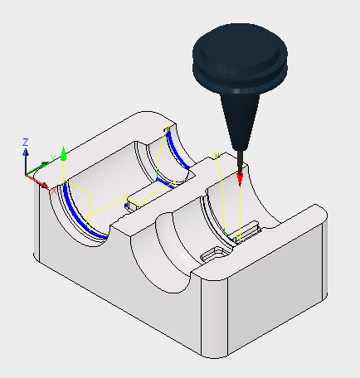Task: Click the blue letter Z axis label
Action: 26,143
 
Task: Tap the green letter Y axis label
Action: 53,158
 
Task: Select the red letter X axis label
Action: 54,191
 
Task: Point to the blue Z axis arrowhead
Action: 26,153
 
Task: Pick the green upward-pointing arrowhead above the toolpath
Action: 64,153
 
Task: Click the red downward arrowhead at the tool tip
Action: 240,179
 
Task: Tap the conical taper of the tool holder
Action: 241,122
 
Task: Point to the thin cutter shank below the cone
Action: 241,162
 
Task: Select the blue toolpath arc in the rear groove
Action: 178,149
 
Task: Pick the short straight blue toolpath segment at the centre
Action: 165,183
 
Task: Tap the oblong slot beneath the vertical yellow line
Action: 246,230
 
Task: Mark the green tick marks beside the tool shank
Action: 216,155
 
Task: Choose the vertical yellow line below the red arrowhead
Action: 240,213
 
